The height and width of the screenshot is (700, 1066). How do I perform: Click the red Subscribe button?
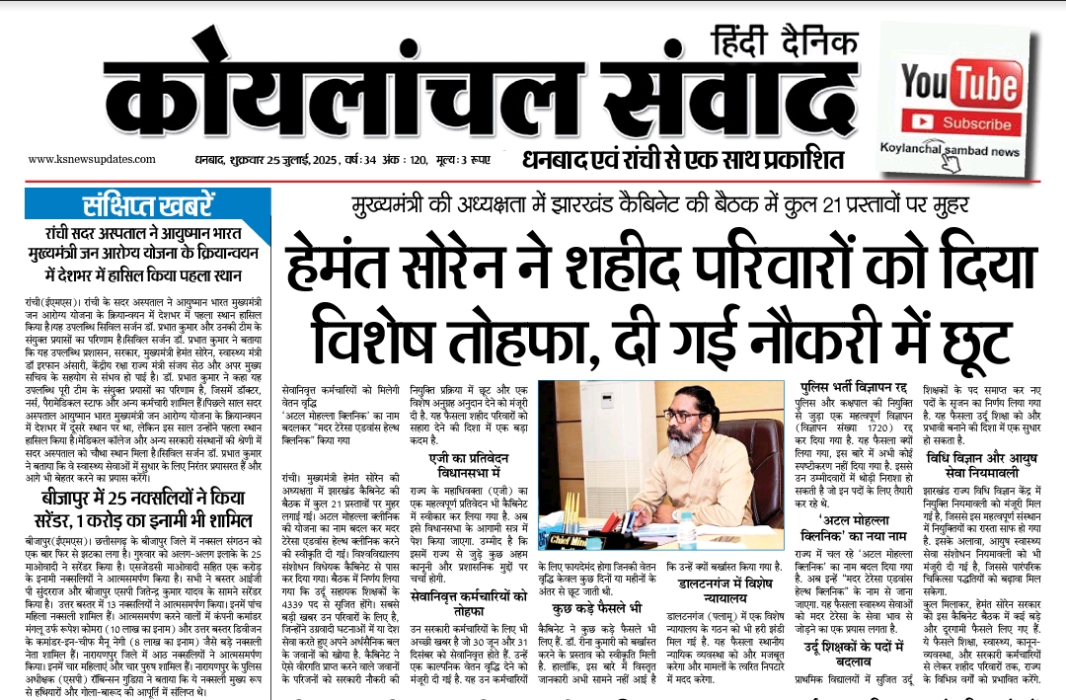coord(961,123)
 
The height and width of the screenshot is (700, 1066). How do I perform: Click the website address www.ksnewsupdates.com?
coord(81,159)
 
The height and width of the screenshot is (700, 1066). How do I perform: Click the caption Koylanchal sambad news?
coord(950,151)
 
